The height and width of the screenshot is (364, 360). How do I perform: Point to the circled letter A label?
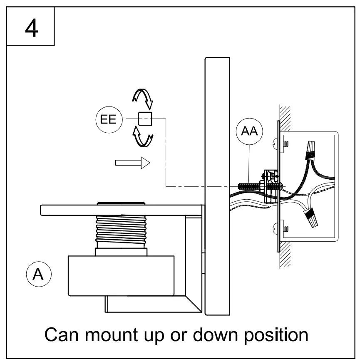38,275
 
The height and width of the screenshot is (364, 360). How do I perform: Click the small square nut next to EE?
145,119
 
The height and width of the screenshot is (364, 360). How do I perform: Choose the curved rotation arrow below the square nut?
143,138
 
